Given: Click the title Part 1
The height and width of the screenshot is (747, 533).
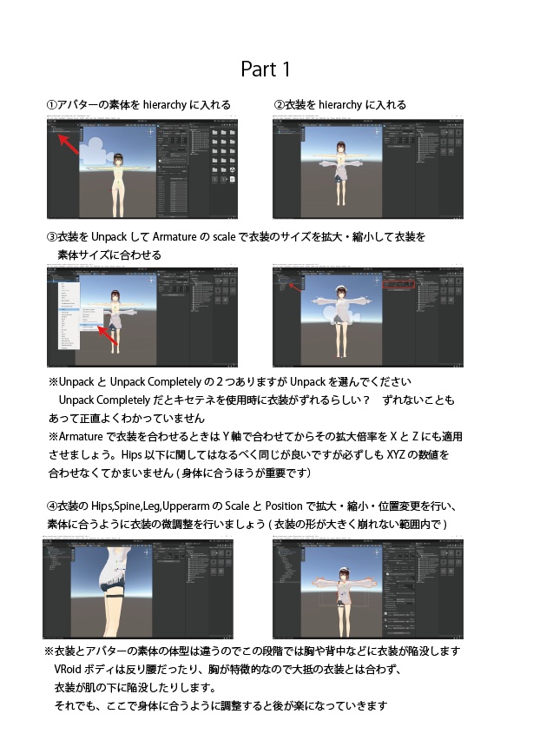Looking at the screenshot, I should (x=266, y=68).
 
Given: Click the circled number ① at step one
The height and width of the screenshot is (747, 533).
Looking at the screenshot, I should (x=52, y=105).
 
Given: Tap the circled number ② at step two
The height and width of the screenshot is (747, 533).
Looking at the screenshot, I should (x=280, y=105).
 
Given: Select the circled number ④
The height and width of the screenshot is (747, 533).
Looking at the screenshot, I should (x=52, y=506).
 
